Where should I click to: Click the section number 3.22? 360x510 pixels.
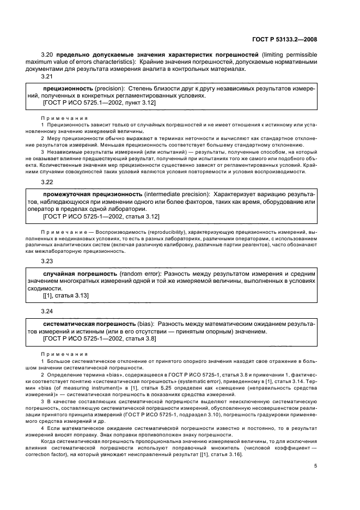point(48,183)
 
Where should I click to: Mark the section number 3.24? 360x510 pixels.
point(48,313)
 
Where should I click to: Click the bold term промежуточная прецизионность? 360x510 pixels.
point(93,195)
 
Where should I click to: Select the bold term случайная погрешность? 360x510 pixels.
point(80,272)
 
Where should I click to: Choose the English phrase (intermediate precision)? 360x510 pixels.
point(177,195)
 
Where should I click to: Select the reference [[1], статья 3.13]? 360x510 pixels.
point(65,295)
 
